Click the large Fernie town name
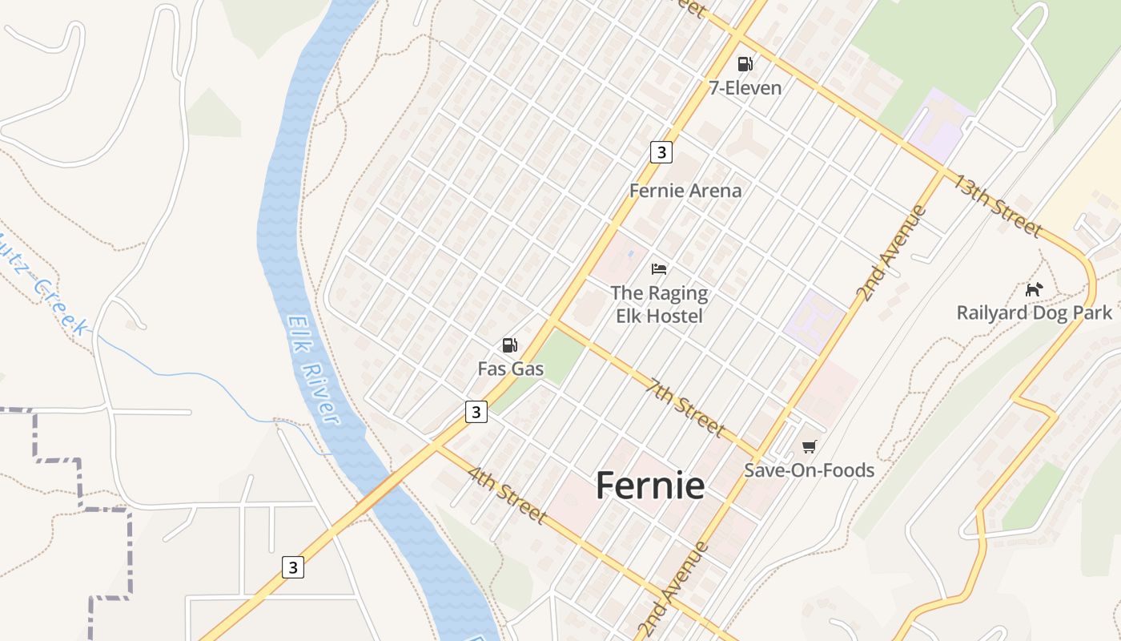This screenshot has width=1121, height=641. coord(650,486)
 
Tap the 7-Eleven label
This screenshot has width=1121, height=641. coord(745,87)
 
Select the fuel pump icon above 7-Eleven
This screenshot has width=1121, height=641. coord(745,63)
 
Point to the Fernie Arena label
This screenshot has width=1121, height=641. coord(685,191)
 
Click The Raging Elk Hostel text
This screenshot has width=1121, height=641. coord(659,304)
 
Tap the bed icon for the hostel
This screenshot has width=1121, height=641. coord(659,268)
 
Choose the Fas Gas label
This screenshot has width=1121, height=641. coord(510,369)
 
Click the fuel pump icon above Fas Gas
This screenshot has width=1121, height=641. coord(509,345)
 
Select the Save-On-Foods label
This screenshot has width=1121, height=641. coord(809,470)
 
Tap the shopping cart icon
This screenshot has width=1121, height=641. coord(809,446)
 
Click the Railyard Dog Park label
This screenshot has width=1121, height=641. coord(1035,312)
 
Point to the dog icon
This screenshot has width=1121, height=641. coord(1035,289)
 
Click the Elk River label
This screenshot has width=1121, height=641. coord(313,369)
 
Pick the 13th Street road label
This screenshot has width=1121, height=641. coord(997,206)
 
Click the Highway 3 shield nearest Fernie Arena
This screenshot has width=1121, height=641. coord(661,151)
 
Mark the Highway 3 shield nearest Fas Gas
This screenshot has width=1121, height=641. coord(476,412)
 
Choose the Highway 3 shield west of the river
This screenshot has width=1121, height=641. coord(293,567)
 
